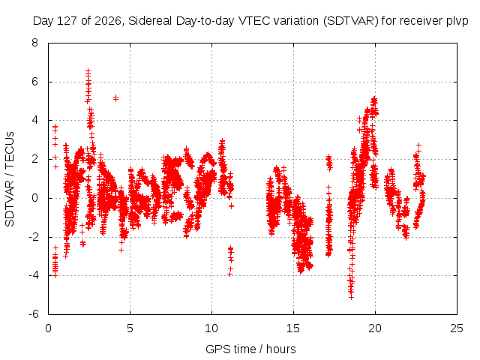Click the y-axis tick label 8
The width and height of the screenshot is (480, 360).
[35, 43]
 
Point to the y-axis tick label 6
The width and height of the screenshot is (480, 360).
[35, 82]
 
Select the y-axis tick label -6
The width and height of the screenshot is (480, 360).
[33, 314]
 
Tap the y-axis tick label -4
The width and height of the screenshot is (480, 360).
[33, 275]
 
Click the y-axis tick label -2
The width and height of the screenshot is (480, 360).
[33, 237]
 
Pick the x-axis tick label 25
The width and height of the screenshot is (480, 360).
[457, 328]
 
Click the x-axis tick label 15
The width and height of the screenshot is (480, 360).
[293, 328]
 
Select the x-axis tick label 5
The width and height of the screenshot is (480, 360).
[130, 328]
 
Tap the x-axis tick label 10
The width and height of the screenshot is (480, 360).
[211, 328]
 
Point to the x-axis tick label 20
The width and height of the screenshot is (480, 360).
[375, 328]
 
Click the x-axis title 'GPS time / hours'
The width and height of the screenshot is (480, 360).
[250, 349]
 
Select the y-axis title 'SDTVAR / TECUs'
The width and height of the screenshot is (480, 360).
[10, 179]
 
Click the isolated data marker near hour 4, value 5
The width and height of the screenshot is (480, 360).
[115, 98]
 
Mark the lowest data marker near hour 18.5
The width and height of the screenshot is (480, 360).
[351, 297]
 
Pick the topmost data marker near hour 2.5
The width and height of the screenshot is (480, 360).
[88, 71]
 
